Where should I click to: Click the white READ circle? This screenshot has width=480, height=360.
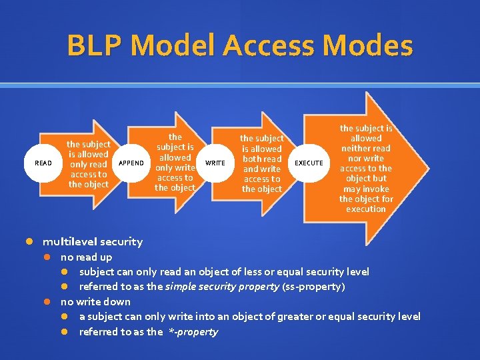(43, 163)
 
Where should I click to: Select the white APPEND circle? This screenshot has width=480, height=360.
(131, 163)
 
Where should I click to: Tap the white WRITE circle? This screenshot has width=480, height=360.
(215, 163)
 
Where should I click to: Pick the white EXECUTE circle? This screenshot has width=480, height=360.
(309, 163)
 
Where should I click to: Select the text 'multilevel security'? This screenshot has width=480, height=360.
(93, 241)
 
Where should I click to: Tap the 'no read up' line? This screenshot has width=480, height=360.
(86, 257)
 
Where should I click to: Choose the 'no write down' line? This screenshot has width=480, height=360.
(95, 301)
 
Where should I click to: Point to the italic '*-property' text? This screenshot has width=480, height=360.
(191, 331)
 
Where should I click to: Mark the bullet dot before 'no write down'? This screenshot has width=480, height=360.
(47, 301)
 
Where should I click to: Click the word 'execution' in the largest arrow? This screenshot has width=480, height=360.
(366, 209)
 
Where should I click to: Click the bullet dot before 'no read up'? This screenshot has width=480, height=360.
(47, 257)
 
